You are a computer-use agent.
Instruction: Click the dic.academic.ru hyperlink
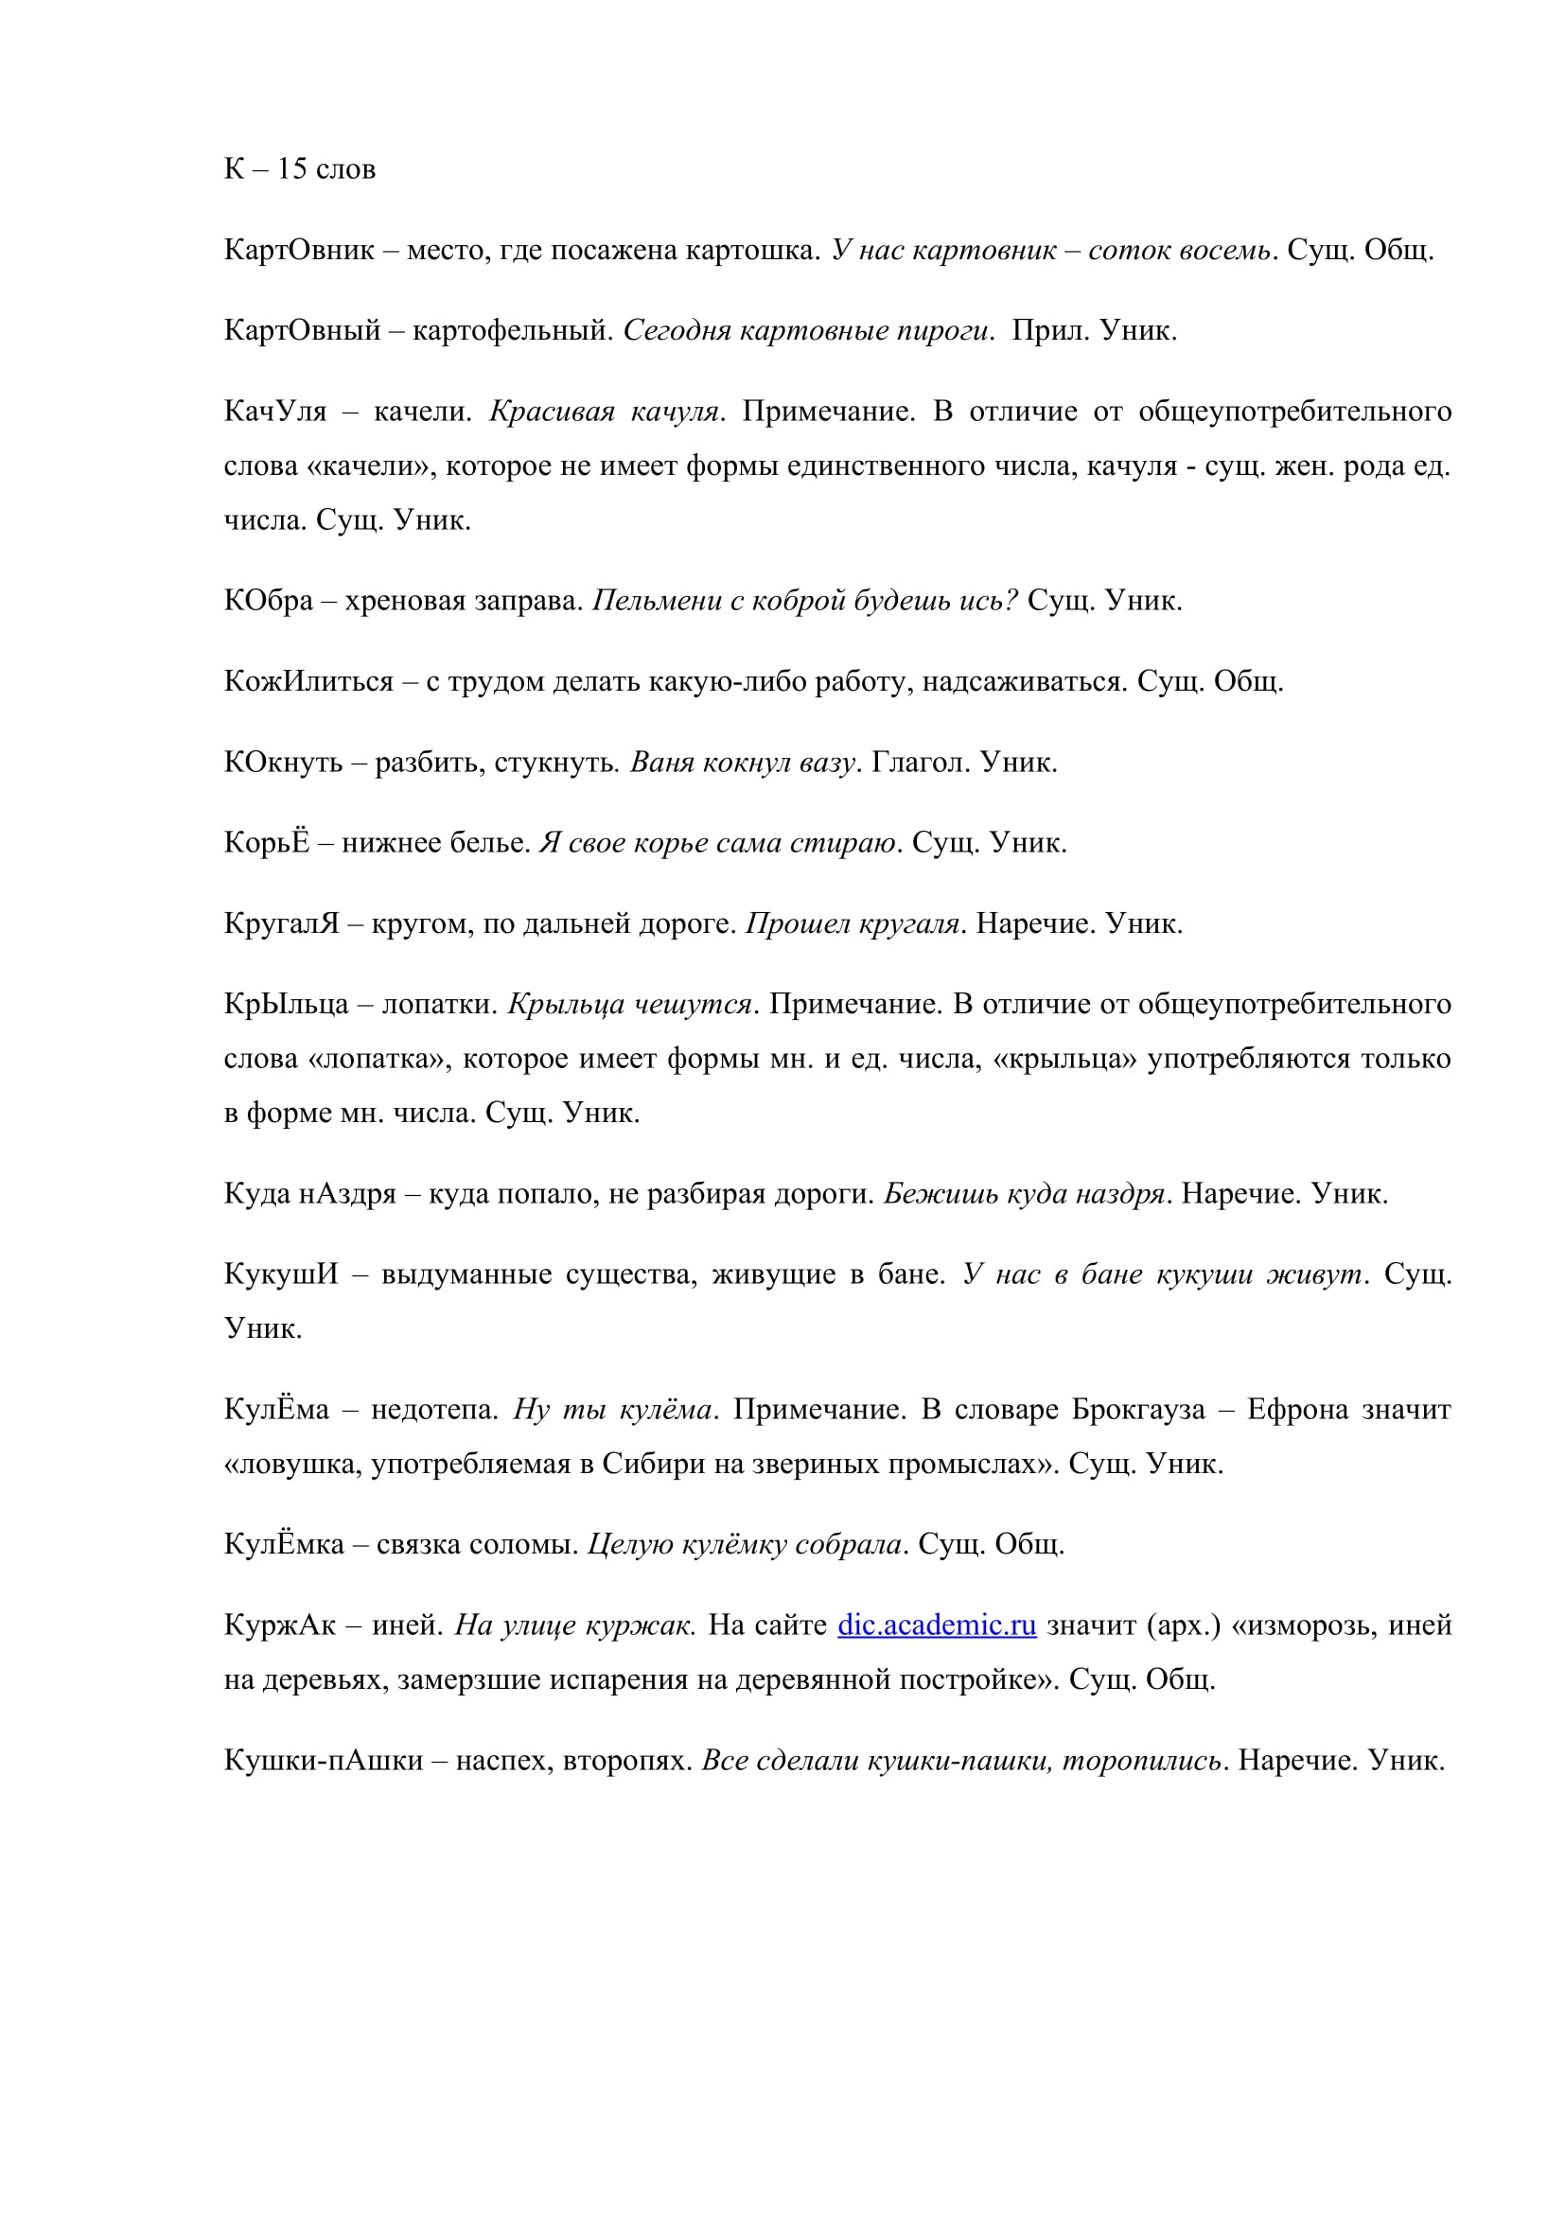[x=936, y=1625]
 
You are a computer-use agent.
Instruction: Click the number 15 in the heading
[x=292, y=169]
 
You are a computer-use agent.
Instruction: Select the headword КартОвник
[x=299, y=251]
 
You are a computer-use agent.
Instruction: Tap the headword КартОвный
[x=303, y=331]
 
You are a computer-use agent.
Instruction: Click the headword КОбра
[x=269, y=601]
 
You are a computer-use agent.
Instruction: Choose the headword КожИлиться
[x=308, y=681]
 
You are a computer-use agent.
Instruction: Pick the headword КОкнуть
[x=282, y=763]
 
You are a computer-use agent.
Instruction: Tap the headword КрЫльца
[x=286, y=1005]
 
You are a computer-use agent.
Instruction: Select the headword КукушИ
[x=281, y=1274]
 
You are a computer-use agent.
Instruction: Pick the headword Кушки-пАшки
[x=323, y=1760]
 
